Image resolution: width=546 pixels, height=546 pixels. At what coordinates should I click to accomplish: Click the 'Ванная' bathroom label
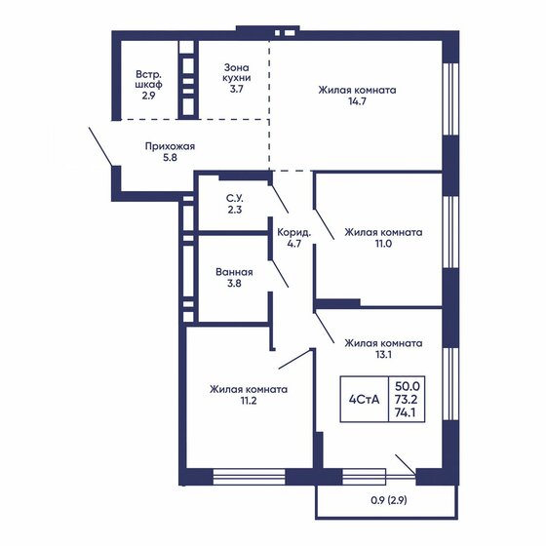click(234, 272)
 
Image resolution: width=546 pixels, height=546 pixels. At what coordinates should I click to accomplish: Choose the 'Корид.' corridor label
click(293, 232)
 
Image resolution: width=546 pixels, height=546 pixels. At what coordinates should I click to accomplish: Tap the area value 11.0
click(382, 248)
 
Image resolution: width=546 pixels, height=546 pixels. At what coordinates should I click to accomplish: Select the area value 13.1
click(382, 357)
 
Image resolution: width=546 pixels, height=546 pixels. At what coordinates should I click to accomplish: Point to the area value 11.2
click(248, 403)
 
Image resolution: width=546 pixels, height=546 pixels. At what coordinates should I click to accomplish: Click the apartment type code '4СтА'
click(365, 399)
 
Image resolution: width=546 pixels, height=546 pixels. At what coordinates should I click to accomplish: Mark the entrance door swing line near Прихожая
click(101, 145)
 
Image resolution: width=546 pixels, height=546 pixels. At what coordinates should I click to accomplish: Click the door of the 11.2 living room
click(294, 357)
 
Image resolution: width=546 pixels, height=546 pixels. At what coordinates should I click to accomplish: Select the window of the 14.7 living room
click(449, 97)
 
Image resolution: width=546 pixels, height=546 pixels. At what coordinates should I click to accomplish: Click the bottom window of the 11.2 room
click(248, 478)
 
